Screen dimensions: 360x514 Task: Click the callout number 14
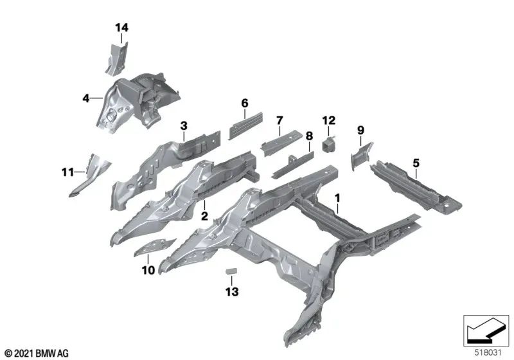pyautogui.click(x=121, y=27)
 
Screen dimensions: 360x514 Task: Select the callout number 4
pyautogui.click(x=85, y=98)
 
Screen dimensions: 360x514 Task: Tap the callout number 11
pyautogui.click(x=68, y=172)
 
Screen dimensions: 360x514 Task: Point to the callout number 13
pyautogui.click(x=232, y=292)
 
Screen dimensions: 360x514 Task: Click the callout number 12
pyautogui.click(x=328, y=120)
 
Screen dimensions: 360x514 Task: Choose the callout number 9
pyautogui.click(x=360, y=130)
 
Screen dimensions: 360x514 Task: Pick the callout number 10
pyautogui.click(x=148, y=271)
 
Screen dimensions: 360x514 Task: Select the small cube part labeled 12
pyautogui.click(x=329, y=143)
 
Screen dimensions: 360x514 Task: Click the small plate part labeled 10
pyautogui.click(x=154, y=247)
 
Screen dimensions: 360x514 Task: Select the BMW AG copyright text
pyautogui.click(x=37, y=353)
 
